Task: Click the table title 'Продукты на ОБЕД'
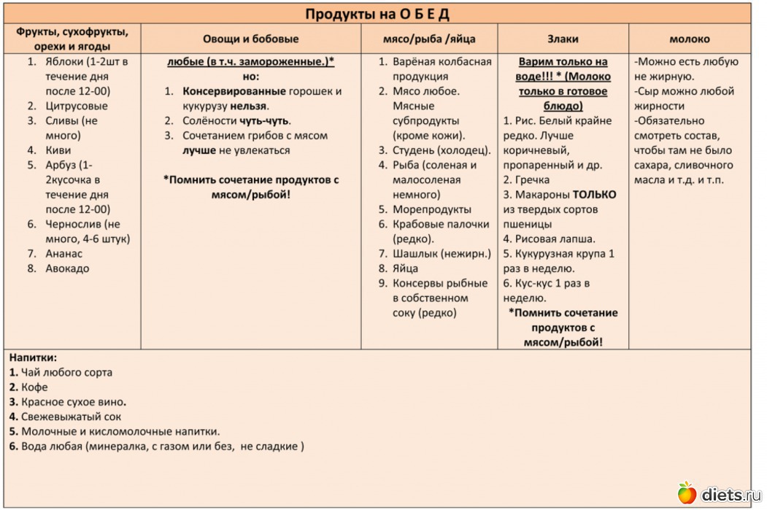point(377,14)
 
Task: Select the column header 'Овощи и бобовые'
point(250,39)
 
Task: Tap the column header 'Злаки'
point(563,39)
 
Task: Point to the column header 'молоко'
point(689,39)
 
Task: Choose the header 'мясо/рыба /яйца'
point(429,39)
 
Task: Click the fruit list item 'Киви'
point(58,150)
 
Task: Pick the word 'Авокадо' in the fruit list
point(67,268)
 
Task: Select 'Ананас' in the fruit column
point(64,254)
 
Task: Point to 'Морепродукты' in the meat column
point(432,209)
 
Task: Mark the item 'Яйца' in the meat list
point(406,268)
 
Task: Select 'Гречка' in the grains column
point(532,179)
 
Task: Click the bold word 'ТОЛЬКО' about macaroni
point(594,195)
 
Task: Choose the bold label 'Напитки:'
point(33,358)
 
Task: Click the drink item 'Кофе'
point(34,387)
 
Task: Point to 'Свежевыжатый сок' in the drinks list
point(70,417)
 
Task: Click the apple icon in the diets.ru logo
point(686,493)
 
